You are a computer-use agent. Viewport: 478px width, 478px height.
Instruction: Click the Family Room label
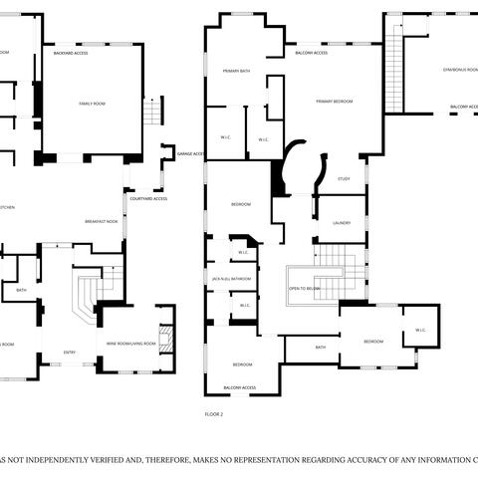point(93,103)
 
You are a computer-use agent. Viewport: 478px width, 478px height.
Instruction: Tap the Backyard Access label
point(71,53)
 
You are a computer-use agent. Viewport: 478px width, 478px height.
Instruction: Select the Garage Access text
point(190,154)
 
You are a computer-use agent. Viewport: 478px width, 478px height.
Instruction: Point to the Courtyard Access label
point(148,198)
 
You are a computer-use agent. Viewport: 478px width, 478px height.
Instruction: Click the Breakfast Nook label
point(102,221)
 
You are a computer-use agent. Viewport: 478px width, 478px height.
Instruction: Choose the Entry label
point(70,352)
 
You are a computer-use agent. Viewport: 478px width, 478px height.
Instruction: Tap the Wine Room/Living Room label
point(131,344)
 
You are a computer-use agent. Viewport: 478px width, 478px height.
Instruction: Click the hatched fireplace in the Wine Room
point(167,340)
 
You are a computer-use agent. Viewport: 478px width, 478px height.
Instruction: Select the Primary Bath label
point(236,72)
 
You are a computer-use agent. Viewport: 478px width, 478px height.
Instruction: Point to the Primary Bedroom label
point(336,102)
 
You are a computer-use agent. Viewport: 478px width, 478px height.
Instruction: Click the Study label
point(344,178)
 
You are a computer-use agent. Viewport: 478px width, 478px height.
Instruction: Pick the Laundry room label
point(342,223)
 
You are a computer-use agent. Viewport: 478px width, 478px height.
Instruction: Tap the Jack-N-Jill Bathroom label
point(231,279)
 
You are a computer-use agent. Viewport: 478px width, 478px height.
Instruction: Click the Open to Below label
point(304,288)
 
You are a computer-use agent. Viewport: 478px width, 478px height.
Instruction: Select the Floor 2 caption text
point(214,412)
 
